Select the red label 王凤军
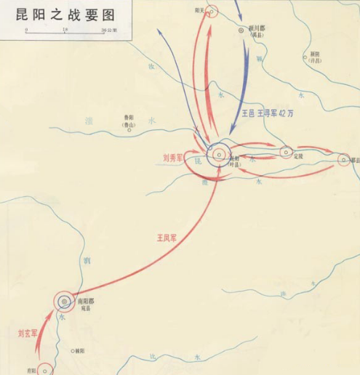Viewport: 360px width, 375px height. (167, 237)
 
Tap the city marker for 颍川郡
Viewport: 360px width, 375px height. (243, 31)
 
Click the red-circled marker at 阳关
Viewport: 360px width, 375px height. (212, 10)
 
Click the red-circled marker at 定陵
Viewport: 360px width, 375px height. (286, 153)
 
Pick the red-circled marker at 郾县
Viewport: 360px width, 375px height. (343, 159)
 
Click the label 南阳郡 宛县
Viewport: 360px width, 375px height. (87, 303)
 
